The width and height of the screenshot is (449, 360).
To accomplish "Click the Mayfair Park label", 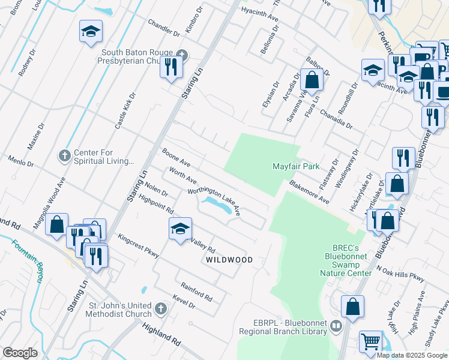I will (296, 166).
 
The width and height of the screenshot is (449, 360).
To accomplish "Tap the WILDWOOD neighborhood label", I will (229, 260).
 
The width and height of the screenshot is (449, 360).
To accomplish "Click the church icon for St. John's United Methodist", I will (160, 308).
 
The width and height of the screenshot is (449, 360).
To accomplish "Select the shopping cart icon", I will (371, 341).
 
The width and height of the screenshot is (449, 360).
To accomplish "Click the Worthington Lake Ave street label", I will (214, 202).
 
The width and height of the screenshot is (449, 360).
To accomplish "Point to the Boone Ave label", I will (176, 158).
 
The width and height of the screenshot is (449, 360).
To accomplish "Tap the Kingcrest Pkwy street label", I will (139, 246).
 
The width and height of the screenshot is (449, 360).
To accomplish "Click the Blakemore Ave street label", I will (309, 191).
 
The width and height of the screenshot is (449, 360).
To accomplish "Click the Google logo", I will (20, 352).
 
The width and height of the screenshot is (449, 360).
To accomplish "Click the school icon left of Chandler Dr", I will (91, 31).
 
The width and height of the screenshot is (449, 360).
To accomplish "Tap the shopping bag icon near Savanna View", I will (312, 79).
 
